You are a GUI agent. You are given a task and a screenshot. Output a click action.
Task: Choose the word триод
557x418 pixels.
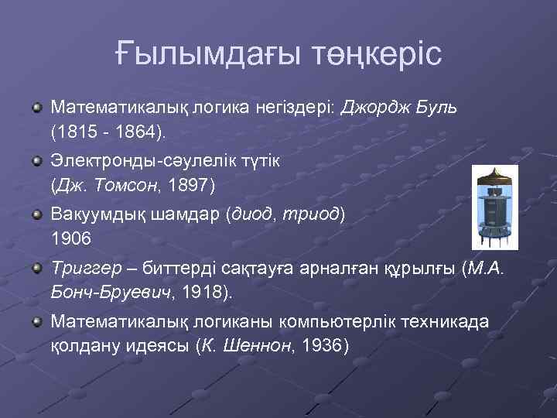click(x=313, y=213)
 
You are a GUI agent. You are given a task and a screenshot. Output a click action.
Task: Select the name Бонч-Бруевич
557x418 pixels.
click(x=108, y=294)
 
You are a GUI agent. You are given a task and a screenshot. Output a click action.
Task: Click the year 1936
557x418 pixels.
click(x=321, y=346)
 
